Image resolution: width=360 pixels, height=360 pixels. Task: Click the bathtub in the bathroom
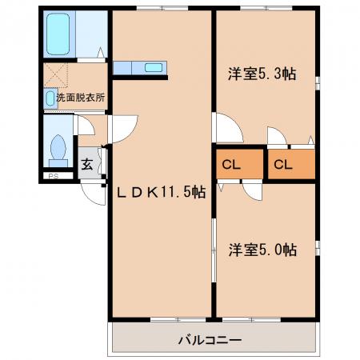point(58,34)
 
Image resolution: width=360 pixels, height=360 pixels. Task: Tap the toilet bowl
point(58,147)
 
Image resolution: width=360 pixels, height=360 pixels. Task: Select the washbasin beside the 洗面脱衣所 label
point(50,98)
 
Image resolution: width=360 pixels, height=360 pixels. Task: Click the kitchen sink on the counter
point(154,67)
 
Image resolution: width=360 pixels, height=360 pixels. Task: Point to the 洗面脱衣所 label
point(81,98)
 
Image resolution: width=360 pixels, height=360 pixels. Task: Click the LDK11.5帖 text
point(162,192)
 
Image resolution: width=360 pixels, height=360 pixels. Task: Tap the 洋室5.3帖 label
point(262,74)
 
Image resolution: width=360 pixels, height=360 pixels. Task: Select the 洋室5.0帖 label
point(262,250)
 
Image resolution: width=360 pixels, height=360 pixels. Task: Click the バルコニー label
point(210,340)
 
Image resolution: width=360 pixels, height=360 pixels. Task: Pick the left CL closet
point(239,164)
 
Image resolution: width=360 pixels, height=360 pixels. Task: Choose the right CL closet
point(291,164)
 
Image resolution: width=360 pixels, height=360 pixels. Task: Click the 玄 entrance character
point(87,164)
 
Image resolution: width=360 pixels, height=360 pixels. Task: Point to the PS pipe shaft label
point(54,176)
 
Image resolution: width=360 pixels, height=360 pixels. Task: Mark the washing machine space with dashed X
point(55,75)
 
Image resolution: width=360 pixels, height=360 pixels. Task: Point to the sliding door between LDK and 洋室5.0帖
point(214,250)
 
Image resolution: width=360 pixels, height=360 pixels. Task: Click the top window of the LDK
point(162,8)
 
